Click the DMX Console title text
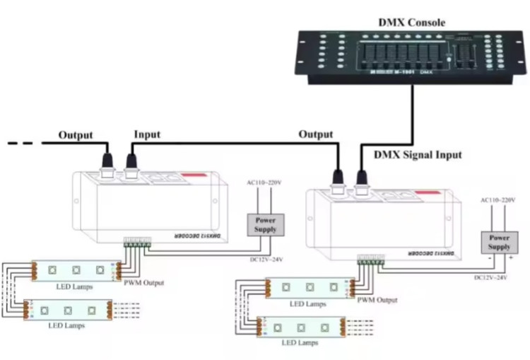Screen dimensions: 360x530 [x=411, y=23]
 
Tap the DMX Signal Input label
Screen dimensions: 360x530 [x=417, y=155]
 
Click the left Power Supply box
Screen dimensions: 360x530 [x=266, y=224]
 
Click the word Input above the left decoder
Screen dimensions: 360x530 [x=147, y=134]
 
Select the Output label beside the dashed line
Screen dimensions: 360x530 [x=76, y=134]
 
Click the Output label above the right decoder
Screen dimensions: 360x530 [x=315, y=134]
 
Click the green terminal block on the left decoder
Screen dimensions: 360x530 [x=136, y=243]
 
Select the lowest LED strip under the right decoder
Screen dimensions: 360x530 [x=300, y=327]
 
